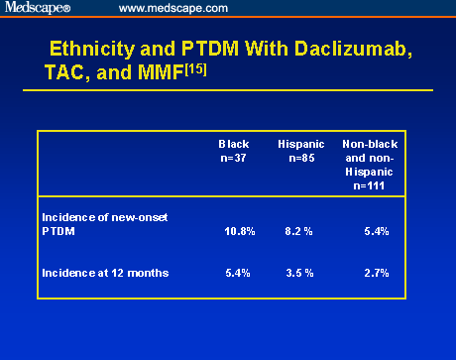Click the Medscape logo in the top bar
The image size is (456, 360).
pos(37,8)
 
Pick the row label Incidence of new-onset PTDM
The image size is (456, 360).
pos(99,223)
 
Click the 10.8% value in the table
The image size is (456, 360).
pos(240,231)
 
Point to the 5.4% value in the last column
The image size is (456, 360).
pos(376,231)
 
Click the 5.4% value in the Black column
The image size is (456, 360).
pos(240,271)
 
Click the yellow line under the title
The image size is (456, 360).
pos(228,90)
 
